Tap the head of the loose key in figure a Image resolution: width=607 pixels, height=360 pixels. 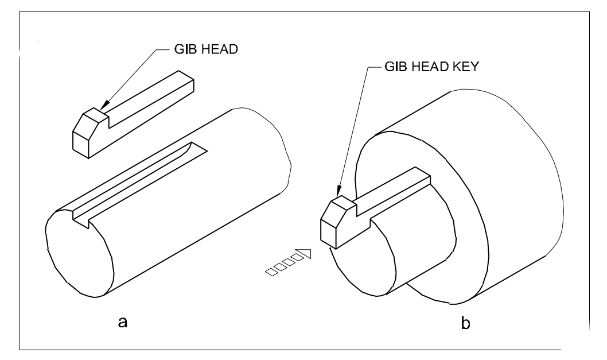(x=86, y=135)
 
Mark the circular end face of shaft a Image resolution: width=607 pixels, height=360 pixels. (x=77, y=253)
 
